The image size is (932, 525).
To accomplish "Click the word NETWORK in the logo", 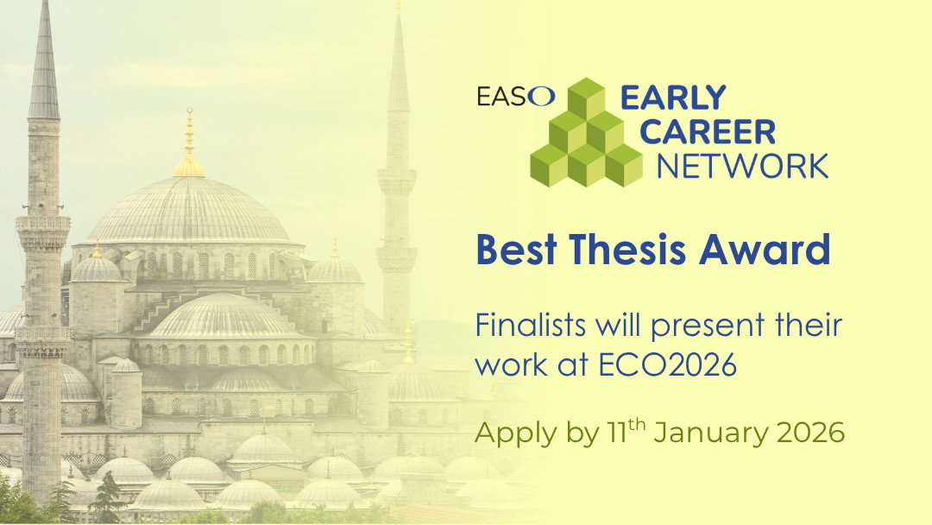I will [x=742, y=164].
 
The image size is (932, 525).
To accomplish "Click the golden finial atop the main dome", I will [x=189, y=147].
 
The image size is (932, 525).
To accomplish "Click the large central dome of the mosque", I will [x=189, y=212].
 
